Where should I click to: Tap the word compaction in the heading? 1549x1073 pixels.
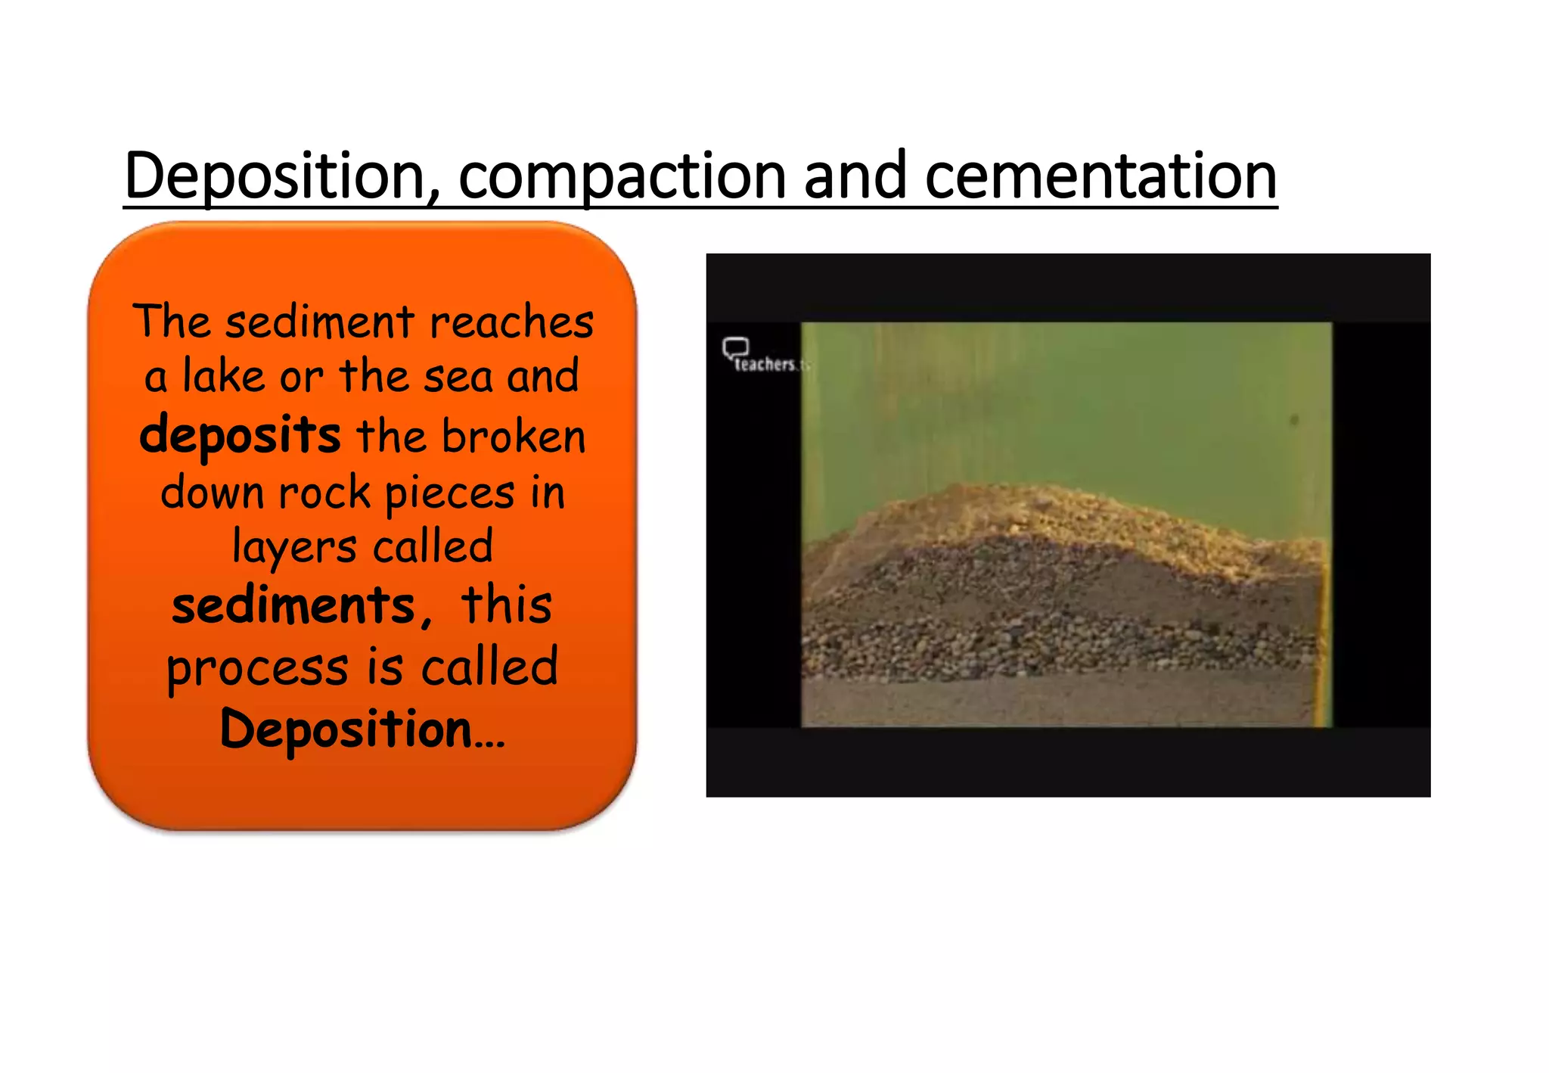622,176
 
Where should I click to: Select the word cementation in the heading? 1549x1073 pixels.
1100,176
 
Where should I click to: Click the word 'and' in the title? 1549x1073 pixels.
855,176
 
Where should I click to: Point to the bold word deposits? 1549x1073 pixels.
240,437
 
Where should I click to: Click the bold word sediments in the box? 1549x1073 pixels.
293,606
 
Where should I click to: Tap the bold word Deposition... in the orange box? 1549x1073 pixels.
362,729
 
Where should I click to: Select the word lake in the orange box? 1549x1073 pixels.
223,376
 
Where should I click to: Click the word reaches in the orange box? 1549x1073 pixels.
512,322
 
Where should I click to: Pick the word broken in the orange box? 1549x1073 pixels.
514,437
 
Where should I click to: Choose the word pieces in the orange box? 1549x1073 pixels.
450,493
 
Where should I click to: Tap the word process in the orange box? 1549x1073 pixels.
257,667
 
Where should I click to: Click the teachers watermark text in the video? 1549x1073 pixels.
765,365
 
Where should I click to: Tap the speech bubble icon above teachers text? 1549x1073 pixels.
735,348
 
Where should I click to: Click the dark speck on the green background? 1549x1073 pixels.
1294,419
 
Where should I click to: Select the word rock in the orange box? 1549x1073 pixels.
324,493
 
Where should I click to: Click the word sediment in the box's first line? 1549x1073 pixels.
320,322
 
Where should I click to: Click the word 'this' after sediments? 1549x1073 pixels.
507,606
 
